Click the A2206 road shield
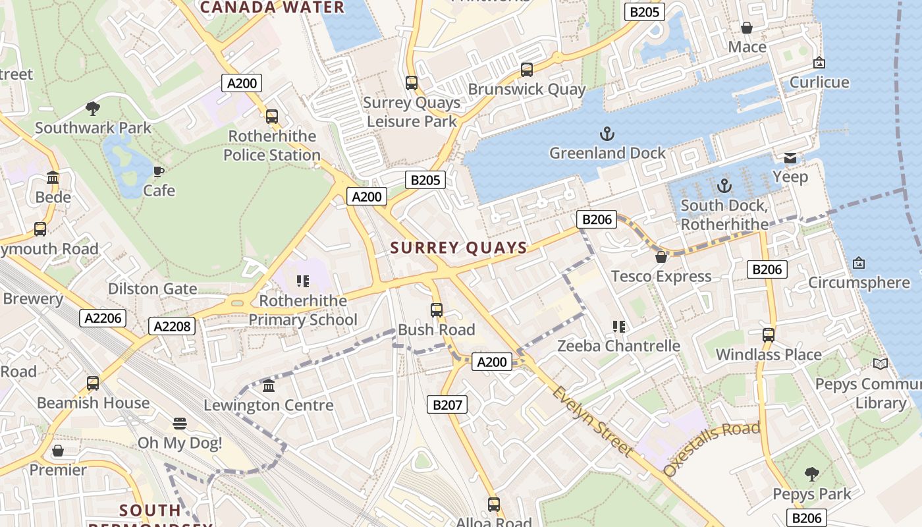pyautogui.click(x=103, y=318)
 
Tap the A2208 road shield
pyautogui.click(x=173, y=325)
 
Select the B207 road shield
pyautogui.click(x=447, y=404)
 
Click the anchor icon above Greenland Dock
pyautogui.click(x=607, y=134)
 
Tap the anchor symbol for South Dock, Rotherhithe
pyautogui.click(x=724, y=186)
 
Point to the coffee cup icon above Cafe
pyautogui.click(x=159, y=171)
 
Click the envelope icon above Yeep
pyautogui.click(x=790, y=158)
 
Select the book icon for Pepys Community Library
pyautogui.click(x=880, y=364)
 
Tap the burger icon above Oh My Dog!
pyautogui.click(x=180, y=423)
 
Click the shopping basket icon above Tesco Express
pyautogui.click(x=661, y=257)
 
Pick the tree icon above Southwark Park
pyautogui.click(x=93, y=108)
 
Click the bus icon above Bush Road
pyautogui.click(x=436, y=310)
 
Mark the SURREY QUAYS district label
pyautogui.click(x=459, y=248)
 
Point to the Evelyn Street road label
pyautogui.click(x=592, y=422)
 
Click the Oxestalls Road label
pyautogui.click(x=712, y=448)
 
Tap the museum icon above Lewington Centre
pyautogui.click(x=269, y=385)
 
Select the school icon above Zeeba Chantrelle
pyautogui.click(x=618, y=326)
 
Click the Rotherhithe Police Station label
pyautogui.click(x=272, y=146)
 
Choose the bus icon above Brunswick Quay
pyautogui.click(x=526, y=69)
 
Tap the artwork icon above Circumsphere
pyautogui.click(x=858, y=263)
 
